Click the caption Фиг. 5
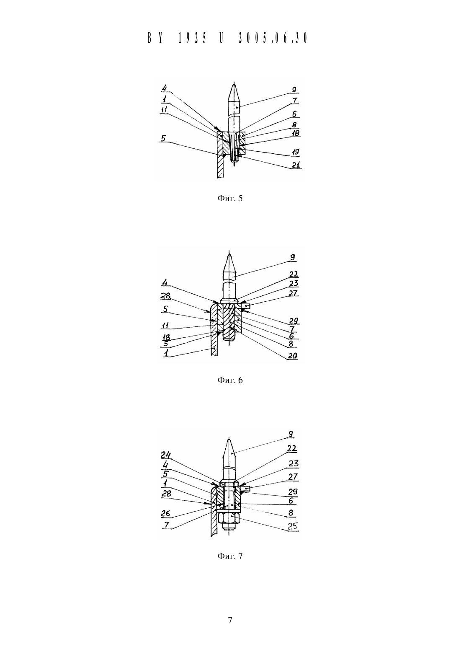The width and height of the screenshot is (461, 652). [x=230, y=199]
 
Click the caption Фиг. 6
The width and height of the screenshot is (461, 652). [x=230, y=380]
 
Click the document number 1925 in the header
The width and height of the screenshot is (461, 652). [x=192, y=38]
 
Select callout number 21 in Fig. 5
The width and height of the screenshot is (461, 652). [x=296, y=164]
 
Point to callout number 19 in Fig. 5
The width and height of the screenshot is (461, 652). [x=296, y=152]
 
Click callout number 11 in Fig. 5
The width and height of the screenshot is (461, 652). [x=164, y=109]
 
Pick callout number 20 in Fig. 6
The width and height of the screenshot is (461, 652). [x=292, y=356]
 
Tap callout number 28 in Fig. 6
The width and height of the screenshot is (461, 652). [x=165, y=296]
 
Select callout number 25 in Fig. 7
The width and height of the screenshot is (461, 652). [x=293, y=526]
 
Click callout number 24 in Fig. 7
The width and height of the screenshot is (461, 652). [x=166, y=454]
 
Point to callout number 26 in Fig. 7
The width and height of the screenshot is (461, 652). [x=165, y=513]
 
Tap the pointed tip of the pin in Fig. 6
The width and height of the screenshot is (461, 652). [x=230, y=253]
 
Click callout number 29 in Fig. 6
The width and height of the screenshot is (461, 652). [x=294, y=321]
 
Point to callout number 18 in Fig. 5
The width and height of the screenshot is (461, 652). [x=295, y=133]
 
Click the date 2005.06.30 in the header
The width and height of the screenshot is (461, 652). [x=273, y=38]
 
